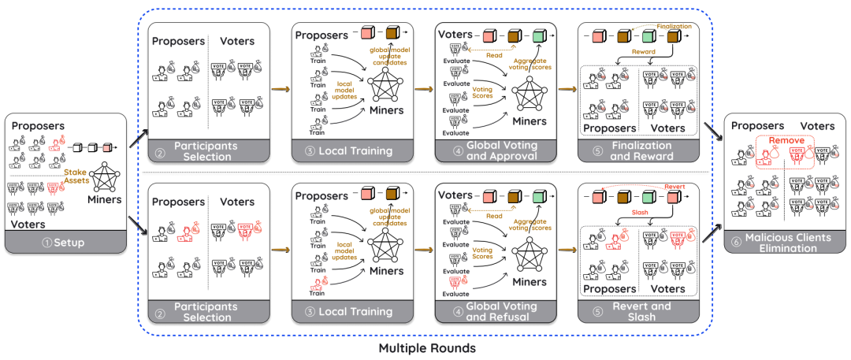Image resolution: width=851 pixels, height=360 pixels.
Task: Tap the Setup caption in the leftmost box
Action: tap(65, 242)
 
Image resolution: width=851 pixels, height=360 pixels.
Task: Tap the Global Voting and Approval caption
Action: tap(496, 150)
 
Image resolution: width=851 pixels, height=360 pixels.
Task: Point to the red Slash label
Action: tap(639, 211)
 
